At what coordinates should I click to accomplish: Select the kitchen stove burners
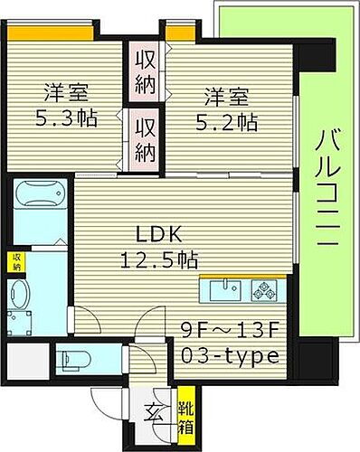click(266, 292)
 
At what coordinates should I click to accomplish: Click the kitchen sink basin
click(223, 291)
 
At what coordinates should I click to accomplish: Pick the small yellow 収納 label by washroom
click(16, 262)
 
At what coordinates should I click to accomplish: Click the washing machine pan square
click(21, 323)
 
